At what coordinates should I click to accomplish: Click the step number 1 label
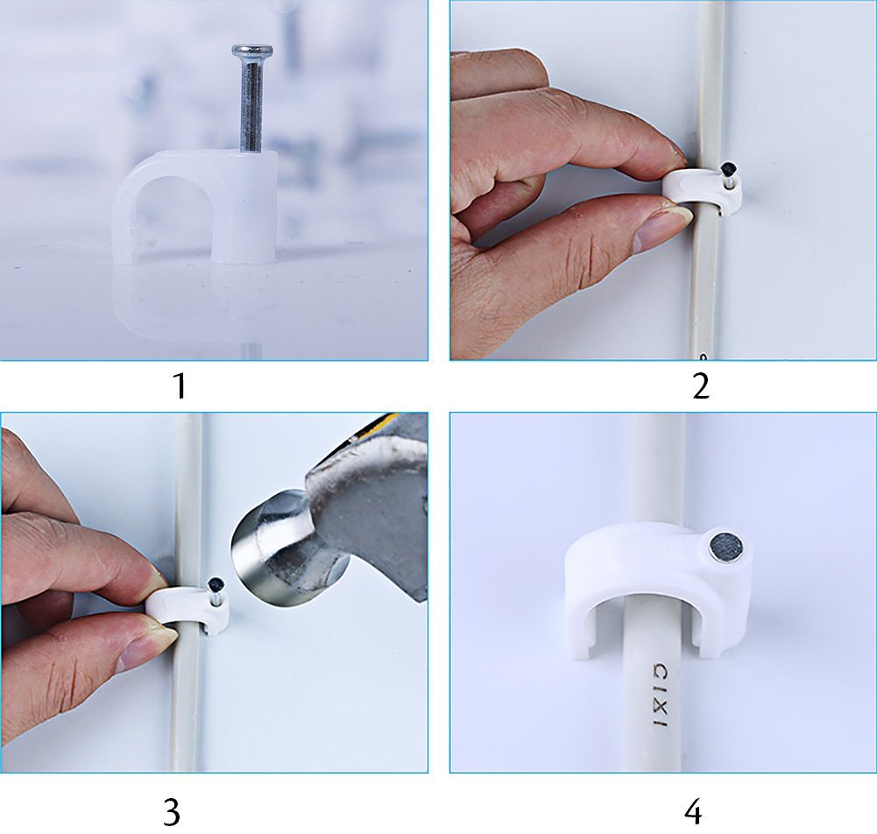pyautogui.click(x=179, y=385)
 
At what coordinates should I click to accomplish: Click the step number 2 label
pyautogui.click(x=700, y=385)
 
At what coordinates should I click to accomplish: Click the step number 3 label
pyautogui.click(x=172, y=811)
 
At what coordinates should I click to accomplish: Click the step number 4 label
pyautogui.click(x=692, y=811)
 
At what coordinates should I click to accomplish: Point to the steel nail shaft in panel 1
pyautogui.click(x=251, y=105)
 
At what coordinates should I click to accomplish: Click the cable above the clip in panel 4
pyautogui.click(x=654, y=464)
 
